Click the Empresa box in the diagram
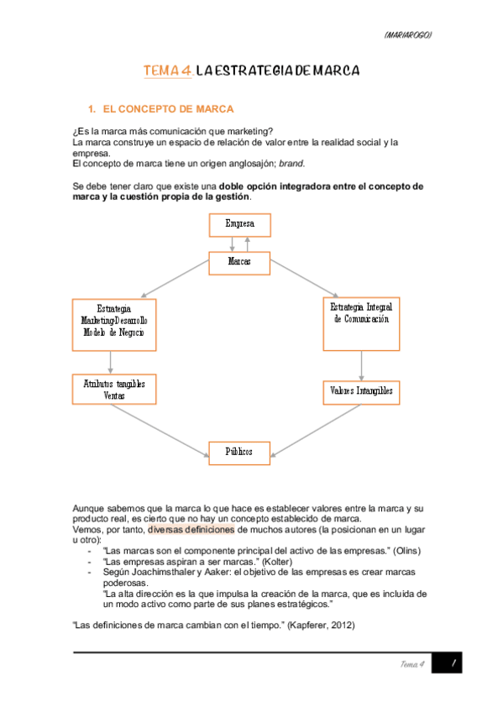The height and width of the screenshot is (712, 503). (239, 224)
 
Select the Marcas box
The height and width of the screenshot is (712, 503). (239, 262)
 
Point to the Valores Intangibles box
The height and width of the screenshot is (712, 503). (361, 390)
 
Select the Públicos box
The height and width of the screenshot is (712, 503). (239, 452)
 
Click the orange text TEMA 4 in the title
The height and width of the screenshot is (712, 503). (166, 71)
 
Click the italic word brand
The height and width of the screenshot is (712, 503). (292, 164)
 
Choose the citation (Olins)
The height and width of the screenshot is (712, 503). (406, 551)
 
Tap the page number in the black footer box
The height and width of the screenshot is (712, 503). (453, 664)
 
